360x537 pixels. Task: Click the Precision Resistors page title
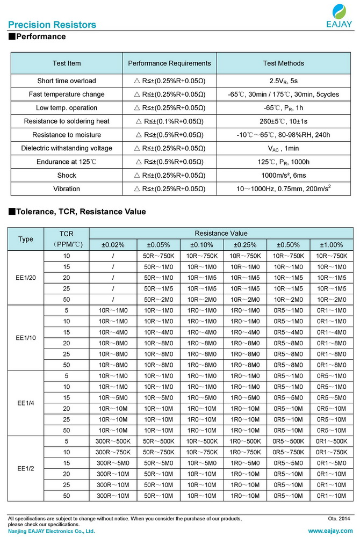[52, 25]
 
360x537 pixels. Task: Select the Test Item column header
[67, 63]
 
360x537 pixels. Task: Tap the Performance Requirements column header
[169, 63]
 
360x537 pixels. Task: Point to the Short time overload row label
[67, 81]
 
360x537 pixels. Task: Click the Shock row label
[67, 176]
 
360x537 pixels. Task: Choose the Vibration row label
[67, 189]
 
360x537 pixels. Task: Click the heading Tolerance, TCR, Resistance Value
[77, 212]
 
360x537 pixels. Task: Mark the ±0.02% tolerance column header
[113, 245]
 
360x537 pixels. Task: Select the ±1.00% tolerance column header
[332, 245]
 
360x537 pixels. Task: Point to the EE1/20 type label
[26, 278]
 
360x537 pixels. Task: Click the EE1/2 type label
[26, 469]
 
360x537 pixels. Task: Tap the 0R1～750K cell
[332, 452]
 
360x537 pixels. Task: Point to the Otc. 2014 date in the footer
[339, 518]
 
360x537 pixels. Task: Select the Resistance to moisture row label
[67, 135]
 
